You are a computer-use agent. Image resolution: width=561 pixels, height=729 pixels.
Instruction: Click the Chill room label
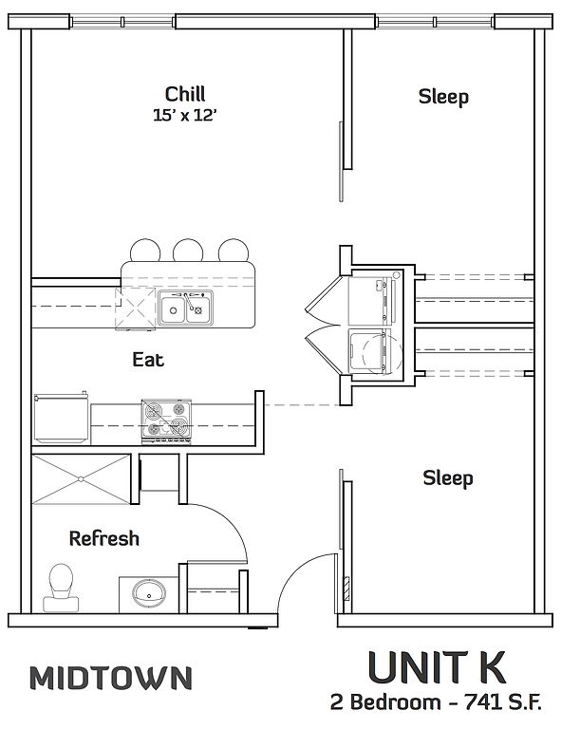click(x=185, y=94)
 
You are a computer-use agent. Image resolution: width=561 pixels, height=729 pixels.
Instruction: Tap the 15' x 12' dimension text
click(x=185, y=115)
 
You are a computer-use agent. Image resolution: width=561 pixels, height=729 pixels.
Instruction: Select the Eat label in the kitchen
click(x=148, y=360)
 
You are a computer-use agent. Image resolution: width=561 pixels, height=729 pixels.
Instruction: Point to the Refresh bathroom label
click(x=104, y=538)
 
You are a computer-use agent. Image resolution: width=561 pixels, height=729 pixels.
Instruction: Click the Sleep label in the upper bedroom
click(x=443, y=97)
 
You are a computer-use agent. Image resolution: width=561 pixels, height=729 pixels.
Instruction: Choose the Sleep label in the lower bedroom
click(x=448, y=478)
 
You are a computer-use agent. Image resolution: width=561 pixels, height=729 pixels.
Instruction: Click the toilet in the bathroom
click(x=61, y=588)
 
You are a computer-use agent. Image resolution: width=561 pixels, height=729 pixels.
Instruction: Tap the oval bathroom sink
click(x=149, y=593)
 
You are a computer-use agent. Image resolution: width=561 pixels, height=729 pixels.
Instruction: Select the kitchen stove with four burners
click(x=166, y=421)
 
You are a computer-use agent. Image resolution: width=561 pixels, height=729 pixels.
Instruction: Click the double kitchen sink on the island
click(x=185, y=308)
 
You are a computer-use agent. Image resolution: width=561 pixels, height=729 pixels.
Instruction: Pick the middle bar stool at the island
click(x=188, y=251)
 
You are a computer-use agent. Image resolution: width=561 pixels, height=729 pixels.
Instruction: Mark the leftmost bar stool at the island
click(x=145, y=251)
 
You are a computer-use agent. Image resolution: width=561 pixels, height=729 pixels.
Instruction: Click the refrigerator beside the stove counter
click(x=61, y=418)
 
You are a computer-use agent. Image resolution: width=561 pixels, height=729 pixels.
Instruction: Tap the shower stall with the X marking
click(x=81, y=478)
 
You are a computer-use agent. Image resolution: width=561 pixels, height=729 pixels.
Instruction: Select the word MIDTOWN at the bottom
click(x=111, y=678)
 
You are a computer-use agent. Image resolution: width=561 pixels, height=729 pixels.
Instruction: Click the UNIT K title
click(x=437, y=667)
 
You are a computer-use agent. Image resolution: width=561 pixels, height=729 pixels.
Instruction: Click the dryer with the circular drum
click(x=375, y=351)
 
